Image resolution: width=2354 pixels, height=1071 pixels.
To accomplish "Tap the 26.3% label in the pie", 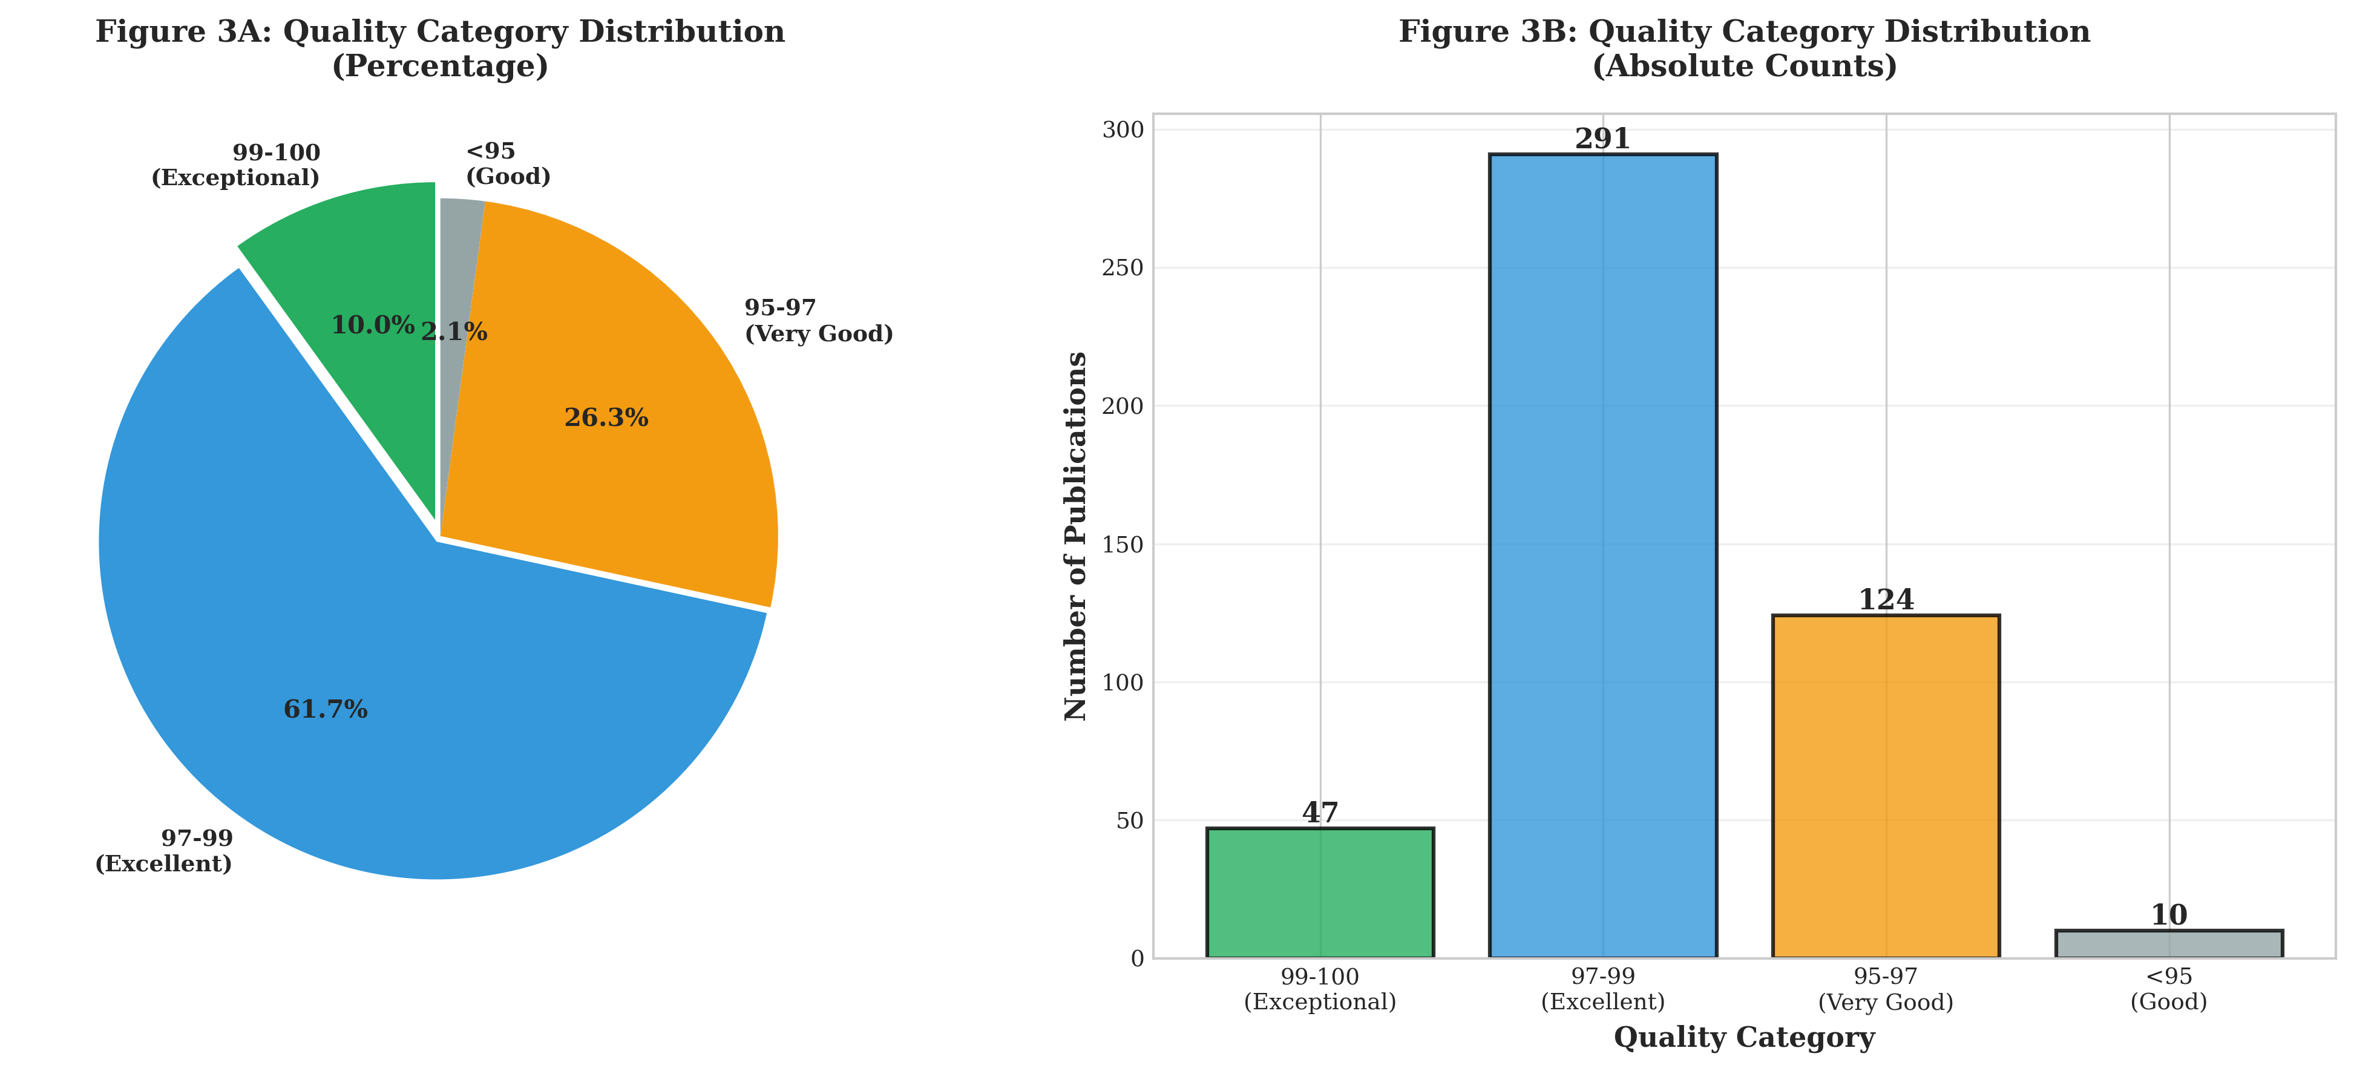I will click(x=606, y=418).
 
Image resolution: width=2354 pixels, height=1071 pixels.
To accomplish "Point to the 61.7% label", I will click(x=326, y=709).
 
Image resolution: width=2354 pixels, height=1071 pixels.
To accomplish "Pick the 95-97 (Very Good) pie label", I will click(x=818, y=321).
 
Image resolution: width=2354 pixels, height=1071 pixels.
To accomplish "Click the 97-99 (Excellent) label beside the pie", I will click(x=165, y=851).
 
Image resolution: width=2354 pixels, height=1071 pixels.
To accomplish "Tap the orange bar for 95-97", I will click(x=1885, y=786).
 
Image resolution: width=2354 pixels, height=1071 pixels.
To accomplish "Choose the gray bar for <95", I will click(x=2168, y=944).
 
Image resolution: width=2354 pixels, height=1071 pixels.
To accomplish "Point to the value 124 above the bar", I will click(x=1885, y=600).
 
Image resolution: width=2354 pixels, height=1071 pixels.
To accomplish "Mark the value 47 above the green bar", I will click(x=1320, y=813).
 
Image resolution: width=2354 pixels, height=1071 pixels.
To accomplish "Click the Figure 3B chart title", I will click(x=1743, y=48).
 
